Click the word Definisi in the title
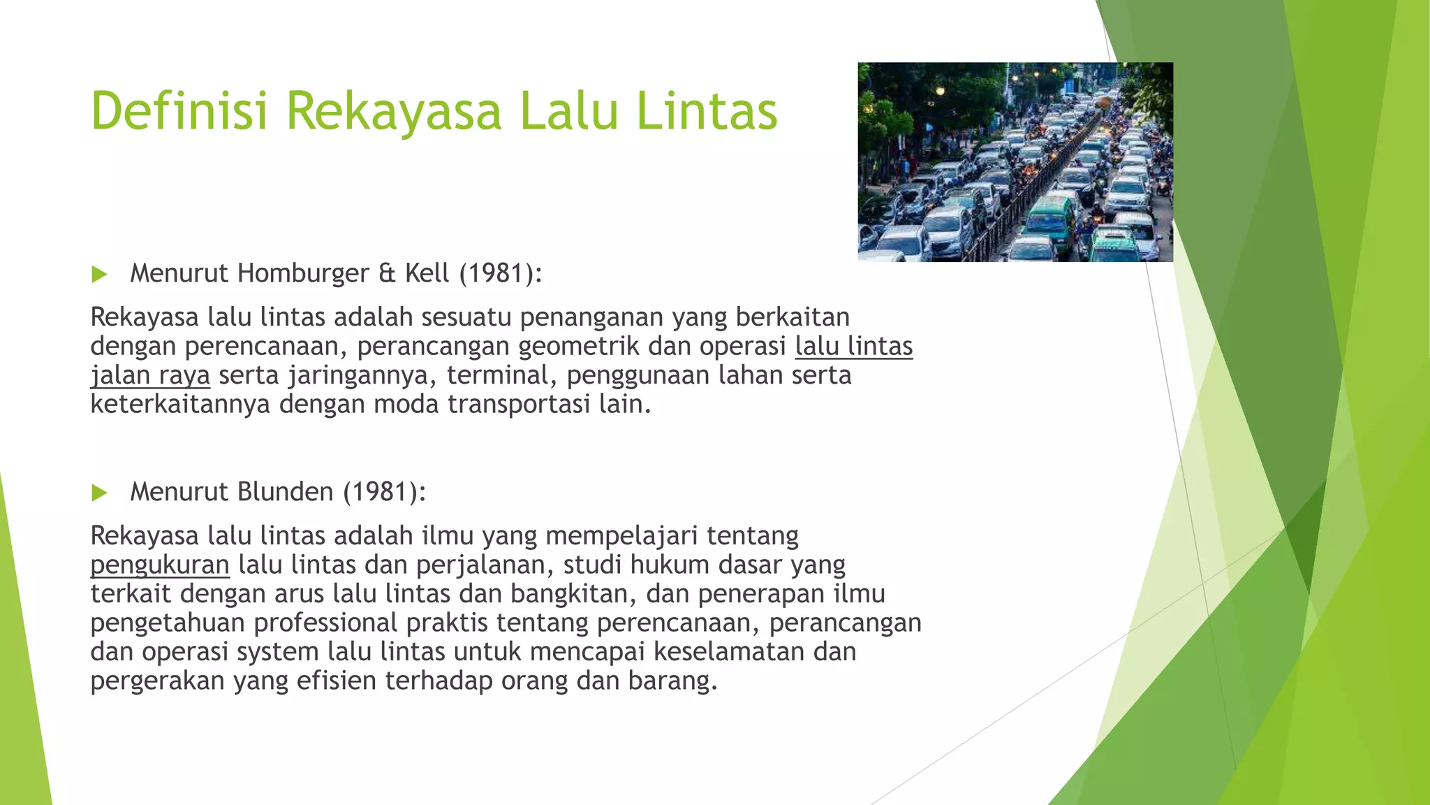pos(179,111)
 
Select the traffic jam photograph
pos(1015,162)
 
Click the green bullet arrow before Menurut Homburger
pos(99,274)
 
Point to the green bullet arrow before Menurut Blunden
pos(99,493)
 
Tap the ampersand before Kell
pos(387,273)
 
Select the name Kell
pos(427,273)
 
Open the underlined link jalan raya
pos(150,376)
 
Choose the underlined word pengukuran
pos(160,565)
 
